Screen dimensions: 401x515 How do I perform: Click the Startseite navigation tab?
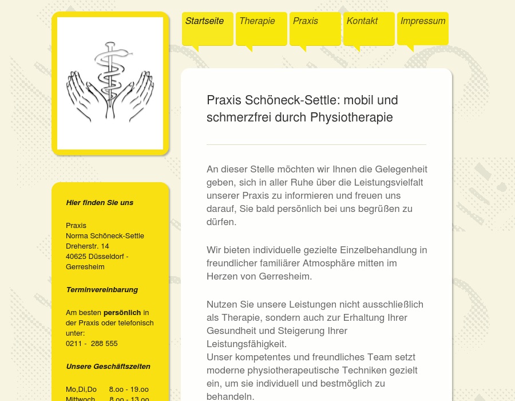tap(204, 21)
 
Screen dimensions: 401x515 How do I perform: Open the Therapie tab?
tap(257, 21)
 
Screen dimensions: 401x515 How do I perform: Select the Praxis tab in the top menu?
tap(306, 21)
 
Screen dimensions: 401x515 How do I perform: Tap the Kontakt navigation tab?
tap(362, 21)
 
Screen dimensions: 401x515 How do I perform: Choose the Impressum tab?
tap(423, 21)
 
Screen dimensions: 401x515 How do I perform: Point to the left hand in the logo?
tap(83, 95)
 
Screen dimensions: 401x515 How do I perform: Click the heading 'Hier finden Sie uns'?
tap(100, 203)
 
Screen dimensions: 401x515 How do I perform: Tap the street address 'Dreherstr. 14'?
tap(88, 246)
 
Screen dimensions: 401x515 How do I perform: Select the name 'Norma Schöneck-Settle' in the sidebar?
tap(105, 236)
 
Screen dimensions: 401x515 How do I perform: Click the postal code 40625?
tap(76, 257)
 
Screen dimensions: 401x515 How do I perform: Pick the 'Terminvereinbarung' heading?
tap(102, 290)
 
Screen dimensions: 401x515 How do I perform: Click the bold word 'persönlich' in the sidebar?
tap(122, 313)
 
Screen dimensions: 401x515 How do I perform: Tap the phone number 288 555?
tap(104, 344)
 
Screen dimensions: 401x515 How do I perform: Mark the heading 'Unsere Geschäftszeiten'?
tap(108, 367)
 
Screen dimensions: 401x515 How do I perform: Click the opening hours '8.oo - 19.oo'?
tap(129, 390)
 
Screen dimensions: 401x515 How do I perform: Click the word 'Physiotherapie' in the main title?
tap(351, 117)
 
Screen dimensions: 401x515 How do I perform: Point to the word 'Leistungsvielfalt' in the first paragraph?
tap(387, 183)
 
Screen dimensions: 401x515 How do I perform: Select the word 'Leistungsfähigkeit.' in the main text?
tap(247, 344)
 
